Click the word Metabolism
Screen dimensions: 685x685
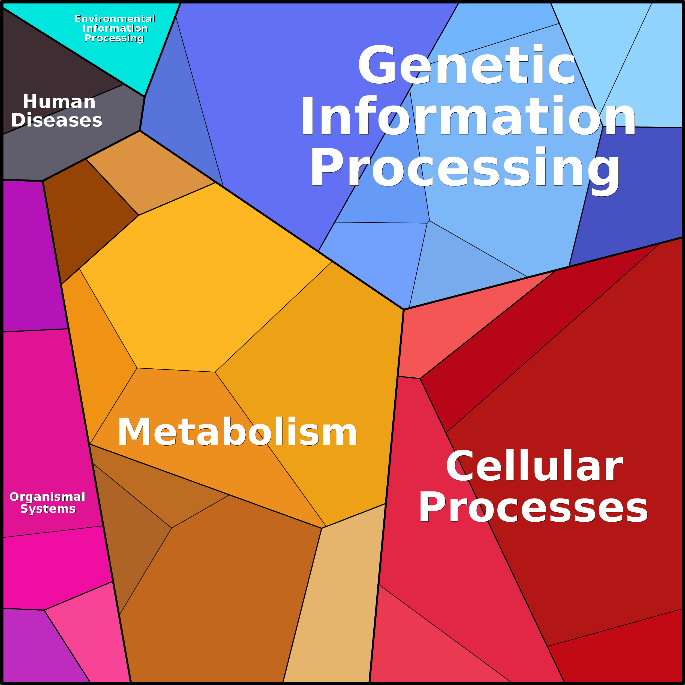point(237,432)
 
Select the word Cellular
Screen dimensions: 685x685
point(534,465)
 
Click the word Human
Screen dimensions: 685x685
point(59,102)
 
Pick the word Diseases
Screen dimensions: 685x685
point(57,120)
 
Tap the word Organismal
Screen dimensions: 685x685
point(47,497)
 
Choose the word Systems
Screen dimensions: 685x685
point(48,509)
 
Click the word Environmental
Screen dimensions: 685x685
point(115,19)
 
